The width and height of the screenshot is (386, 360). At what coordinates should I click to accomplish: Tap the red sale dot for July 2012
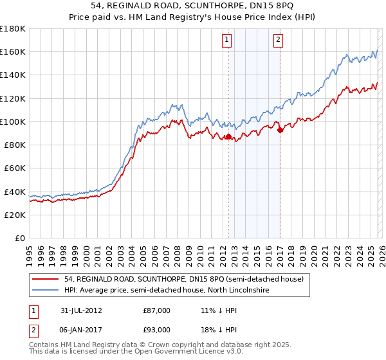pyautogui.click(x=228, y=137)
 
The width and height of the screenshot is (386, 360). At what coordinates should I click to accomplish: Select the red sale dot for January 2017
pyautogui.click(x=280, y=130)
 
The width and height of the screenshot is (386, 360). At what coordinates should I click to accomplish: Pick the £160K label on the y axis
pyautogui.click(x=13, y=51)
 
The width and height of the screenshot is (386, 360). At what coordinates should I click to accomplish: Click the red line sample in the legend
pyautogui.click(x=46, y=279)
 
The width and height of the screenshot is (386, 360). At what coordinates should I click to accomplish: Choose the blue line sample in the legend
pyautogui.click(x=46, y=291)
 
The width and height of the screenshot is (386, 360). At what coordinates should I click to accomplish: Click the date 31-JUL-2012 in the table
pyautogui.click(x=81, y=310)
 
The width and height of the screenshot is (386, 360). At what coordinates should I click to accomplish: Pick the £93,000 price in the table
pyautogui.click(x=156, y=330)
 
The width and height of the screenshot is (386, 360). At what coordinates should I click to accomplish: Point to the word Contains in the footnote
pyautogui.click(x=45, y=346)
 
